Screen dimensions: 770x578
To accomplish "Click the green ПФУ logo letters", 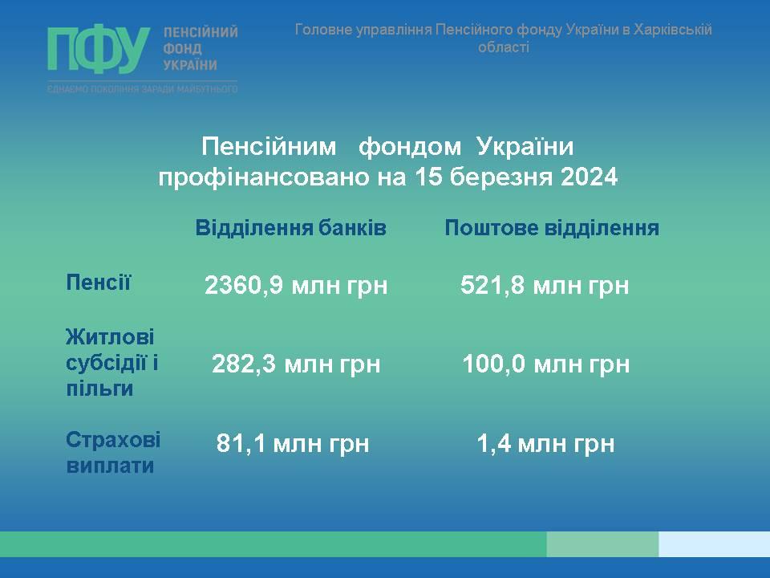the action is pyautogui.click(x=99, y=50).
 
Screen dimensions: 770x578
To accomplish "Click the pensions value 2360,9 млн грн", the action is pyautogui.click(x=296, y=286).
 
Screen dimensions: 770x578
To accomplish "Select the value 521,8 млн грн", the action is pyautogui.click(x=545, y=286).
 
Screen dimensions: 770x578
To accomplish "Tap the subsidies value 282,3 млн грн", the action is pyautogui.click(x=296, y=364).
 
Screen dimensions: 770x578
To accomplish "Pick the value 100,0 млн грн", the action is pyautogui.click(x=545, y=364).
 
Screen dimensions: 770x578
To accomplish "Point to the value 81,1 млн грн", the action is pyautogui.click(x=293, y=443).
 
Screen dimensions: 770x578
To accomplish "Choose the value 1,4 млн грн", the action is pyautogui.click(x=545, y=443).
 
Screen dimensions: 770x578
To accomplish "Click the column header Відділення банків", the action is pyautogui.click(x=290, y=228).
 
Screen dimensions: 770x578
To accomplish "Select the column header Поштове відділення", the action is pyautogui.click(x=552, y=228).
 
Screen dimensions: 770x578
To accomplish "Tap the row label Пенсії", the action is pyautogui.click(x=98, y=283).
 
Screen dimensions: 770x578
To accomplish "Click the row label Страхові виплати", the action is pyautogui.click(x=113, y=453).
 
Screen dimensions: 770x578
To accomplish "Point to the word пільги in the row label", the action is pyautogui.click(x=99, y=389).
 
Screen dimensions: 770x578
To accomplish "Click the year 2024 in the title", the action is pyautogui.click(x=589, y=177).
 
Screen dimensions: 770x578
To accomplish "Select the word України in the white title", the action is pyautogui.click(x=525, y=146).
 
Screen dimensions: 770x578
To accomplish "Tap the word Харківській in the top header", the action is pyautogui.click(x=672, y=30).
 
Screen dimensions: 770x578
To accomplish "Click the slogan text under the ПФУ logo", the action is pyautogui.click(x=143, y=89).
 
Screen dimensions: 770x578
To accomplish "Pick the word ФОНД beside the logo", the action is pyautogui.click(x=182, y=49).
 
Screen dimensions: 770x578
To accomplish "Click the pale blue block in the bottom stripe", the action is pyautogui.click(x=714, y=544).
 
